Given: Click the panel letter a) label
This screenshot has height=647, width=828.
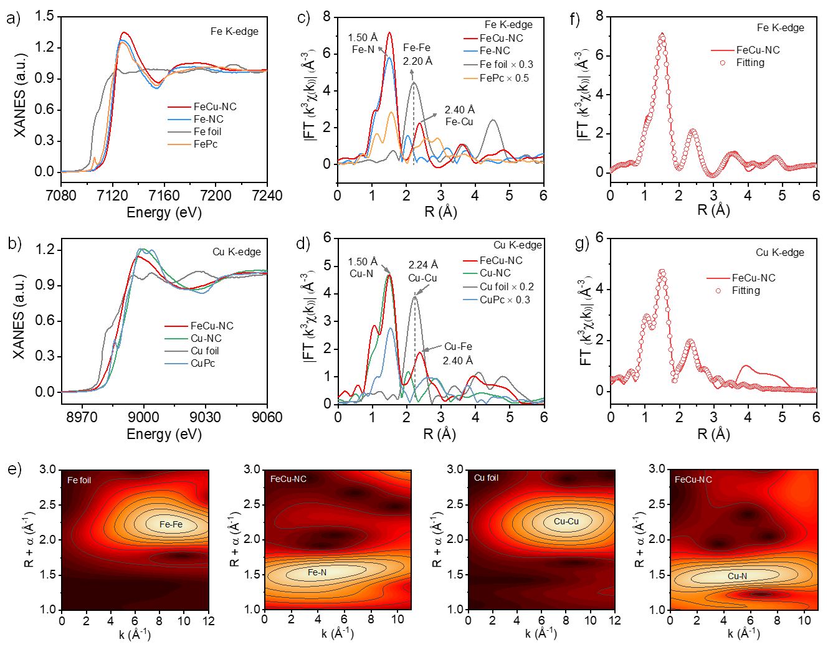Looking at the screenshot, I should coord(13,19).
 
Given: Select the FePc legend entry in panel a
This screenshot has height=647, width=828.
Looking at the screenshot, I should coord(205,144).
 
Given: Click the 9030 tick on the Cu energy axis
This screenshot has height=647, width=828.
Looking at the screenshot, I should coord(206,417).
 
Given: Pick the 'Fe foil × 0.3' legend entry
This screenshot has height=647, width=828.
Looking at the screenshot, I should coord(506,64).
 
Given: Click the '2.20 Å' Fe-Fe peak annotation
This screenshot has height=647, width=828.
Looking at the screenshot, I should coord(417,60).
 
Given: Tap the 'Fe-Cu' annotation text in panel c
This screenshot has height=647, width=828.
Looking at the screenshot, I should coord(459,121).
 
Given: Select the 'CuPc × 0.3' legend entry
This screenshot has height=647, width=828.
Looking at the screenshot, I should coord(505,300).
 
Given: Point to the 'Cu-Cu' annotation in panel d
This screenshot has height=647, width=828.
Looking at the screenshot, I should coord(423,278).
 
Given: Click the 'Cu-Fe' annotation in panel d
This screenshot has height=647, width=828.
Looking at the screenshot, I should coord(458,346).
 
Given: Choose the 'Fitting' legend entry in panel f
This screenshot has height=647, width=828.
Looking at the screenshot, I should coord(750,62).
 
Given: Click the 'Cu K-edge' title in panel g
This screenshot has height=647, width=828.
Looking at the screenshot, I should coord(780,252).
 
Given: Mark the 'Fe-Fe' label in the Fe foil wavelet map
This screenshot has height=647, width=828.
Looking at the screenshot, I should coord(171,524).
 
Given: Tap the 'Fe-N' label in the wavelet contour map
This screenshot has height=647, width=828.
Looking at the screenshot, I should coord(317,572).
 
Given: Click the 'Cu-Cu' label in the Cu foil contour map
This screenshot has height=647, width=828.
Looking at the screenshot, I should coord(566,521).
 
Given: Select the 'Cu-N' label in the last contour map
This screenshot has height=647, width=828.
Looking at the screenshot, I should coord(737,576).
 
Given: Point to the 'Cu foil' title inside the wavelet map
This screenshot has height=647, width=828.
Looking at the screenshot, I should coord(486,478).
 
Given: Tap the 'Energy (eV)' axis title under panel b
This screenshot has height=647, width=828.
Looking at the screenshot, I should coord(164,433).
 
